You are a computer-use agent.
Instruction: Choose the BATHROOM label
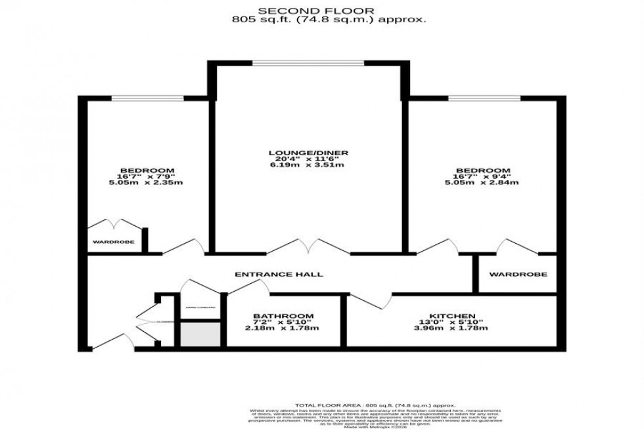click(284, 316)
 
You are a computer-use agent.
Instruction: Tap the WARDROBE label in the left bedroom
click(114, 242)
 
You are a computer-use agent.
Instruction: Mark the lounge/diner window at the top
click(308, 64)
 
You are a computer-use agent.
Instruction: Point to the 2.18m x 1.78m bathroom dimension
click(284, 328)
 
